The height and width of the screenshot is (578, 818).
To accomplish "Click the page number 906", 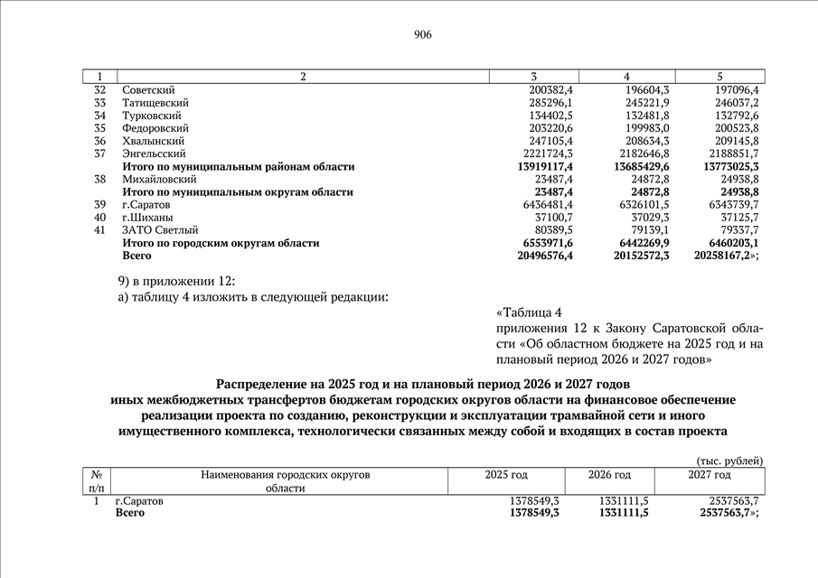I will (x=423, y=34).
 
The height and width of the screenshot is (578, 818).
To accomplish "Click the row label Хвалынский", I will (x=154, y=141).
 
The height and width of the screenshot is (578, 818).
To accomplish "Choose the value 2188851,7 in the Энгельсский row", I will (x=734, y=154).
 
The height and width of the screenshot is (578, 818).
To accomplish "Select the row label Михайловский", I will (x=159, y=180).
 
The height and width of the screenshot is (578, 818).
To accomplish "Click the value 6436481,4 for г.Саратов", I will (x=548, y=205).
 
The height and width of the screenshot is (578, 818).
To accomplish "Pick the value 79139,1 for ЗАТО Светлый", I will (x=650, y=230).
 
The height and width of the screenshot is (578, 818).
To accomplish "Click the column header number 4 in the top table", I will (x=626, y=77).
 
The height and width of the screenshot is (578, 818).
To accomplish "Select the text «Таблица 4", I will (x=529, y=312).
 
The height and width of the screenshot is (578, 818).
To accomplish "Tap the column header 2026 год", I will (x=610, y=475).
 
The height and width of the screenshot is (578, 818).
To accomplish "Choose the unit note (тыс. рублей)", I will (x=730, y=461).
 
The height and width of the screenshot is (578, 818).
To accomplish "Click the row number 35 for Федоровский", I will (x=100, y=128).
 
